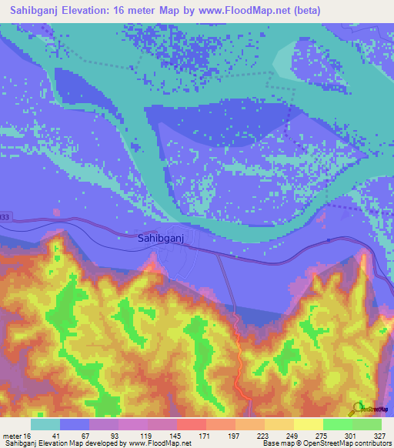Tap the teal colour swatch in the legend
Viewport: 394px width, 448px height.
[45, 424]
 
